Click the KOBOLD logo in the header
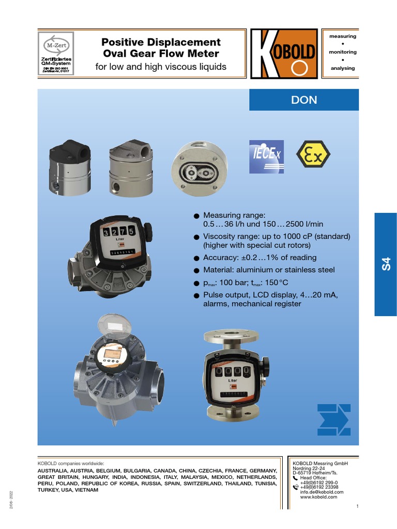tap(284, 54)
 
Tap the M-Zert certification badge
tap(56, 54)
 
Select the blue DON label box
tap(304, 100)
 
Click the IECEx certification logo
tap(267, 155)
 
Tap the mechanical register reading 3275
tap(119, 232)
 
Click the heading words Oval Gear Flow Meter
tap(161, 54)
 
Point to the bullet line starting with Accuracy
tap(259, 258)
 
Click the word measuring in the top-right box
tap(343, 37)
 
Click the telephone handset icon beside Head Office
tap(295, 478)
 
